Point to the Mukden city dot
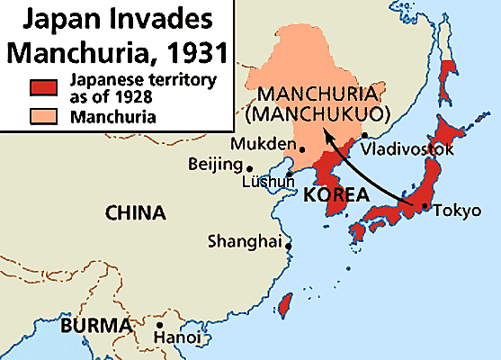coord(301,149)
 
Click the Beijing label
coord(215,165)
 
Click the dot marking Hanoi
coord(159,326)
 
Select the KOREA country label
coord(337,195)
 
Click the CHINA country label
coord(135,213)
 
